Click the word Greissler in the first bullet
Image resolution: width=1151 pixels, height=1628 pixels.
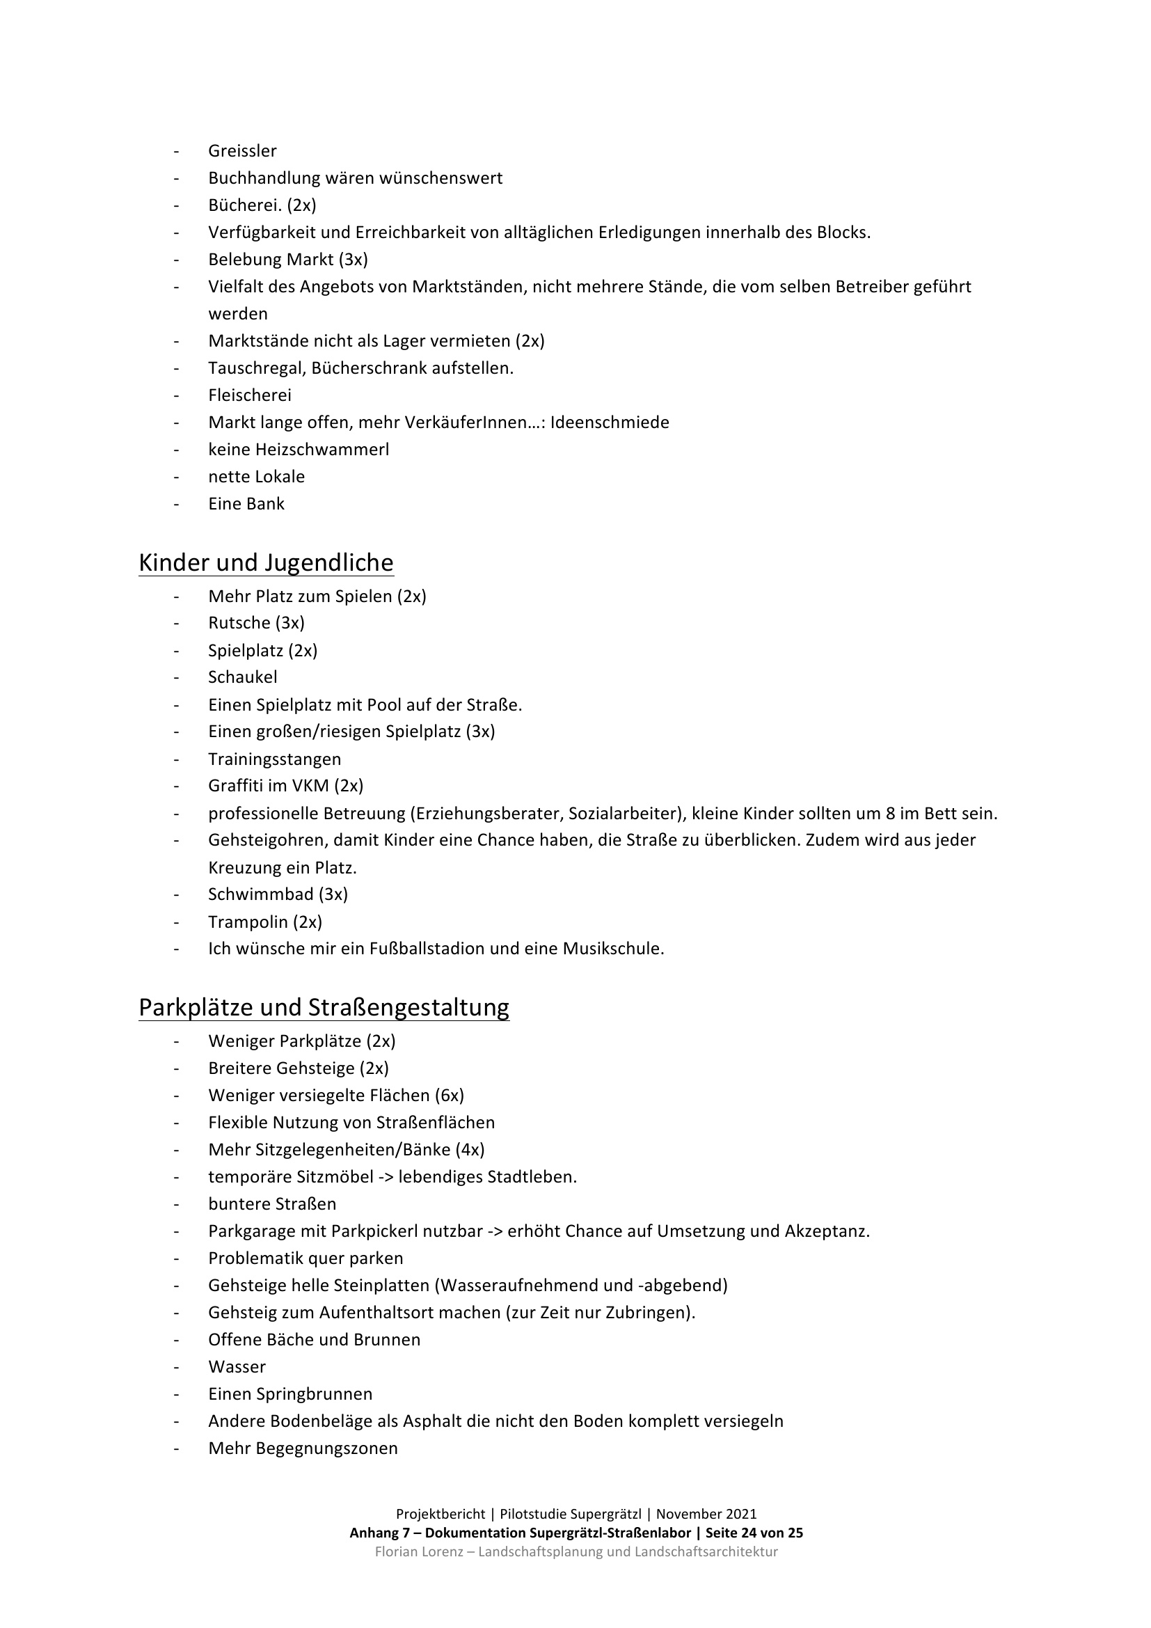click(241, 151)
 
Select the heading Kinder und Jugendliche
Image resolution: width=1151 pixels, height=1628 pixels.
click(266, 562)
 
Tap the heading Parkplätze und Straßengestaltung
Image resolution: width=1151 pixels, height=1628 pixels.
click(323, 1008)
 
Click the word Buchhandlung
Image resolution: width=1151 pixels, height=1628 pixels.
click(264, 178)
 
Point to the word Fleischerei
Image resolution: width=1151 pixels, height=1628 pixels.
click(250, 395)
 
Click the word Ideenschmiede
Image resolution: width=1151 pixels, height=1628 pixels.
click(610, 422)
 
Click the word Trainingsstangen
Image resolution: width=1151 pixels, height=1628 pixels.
click(274, 759)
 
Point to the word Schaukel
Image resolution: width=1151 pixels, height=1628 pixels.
click(242, 677)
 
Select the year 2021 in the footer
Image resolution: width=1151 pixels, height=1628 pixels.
click(740, 1515)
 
